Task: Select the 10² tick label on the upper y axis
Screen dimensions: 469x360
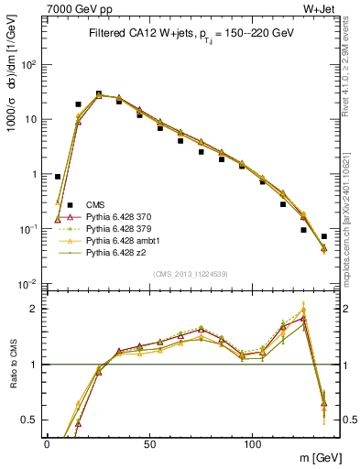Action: tap(27, 65)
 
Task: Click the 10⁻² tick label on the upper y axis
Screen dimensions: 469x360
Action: tap(27, 284)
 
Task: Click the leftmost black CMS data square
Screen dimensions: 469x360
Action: tap(58, 177)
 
